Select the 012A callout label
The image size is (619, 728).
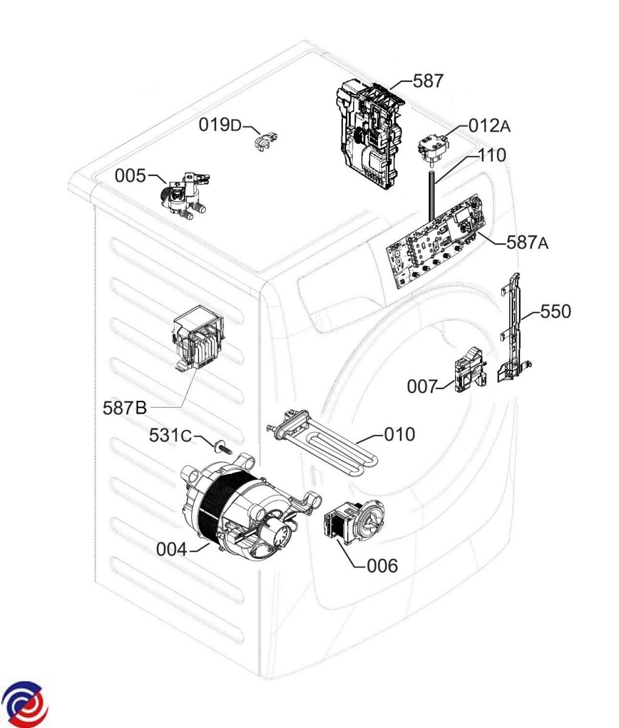click(x=489, y=126)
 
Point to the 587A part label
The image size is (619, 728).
click(x=527, y=243)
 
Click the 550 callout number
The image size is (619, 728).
click(x=555, y=311)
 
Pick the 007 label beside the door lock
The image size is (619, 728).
click(x=422, y=386)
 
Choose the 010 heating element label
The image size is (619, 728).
click(x=400, y=434)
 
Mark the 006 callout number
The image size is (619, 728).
click(x=382, y=565)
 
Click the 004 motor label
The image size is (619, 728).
click(x=172, y=550)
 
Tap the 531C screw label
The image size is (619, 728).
click(x=171, y=435)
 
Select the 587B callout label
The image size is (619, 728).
click(x=124, y=408)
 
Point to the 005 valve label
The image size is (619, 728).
click(x=130, y=176)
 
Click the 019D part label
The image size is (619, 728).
click(x=220, y=126)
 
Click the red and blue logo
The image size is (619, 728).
click(x=25, y=704)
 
